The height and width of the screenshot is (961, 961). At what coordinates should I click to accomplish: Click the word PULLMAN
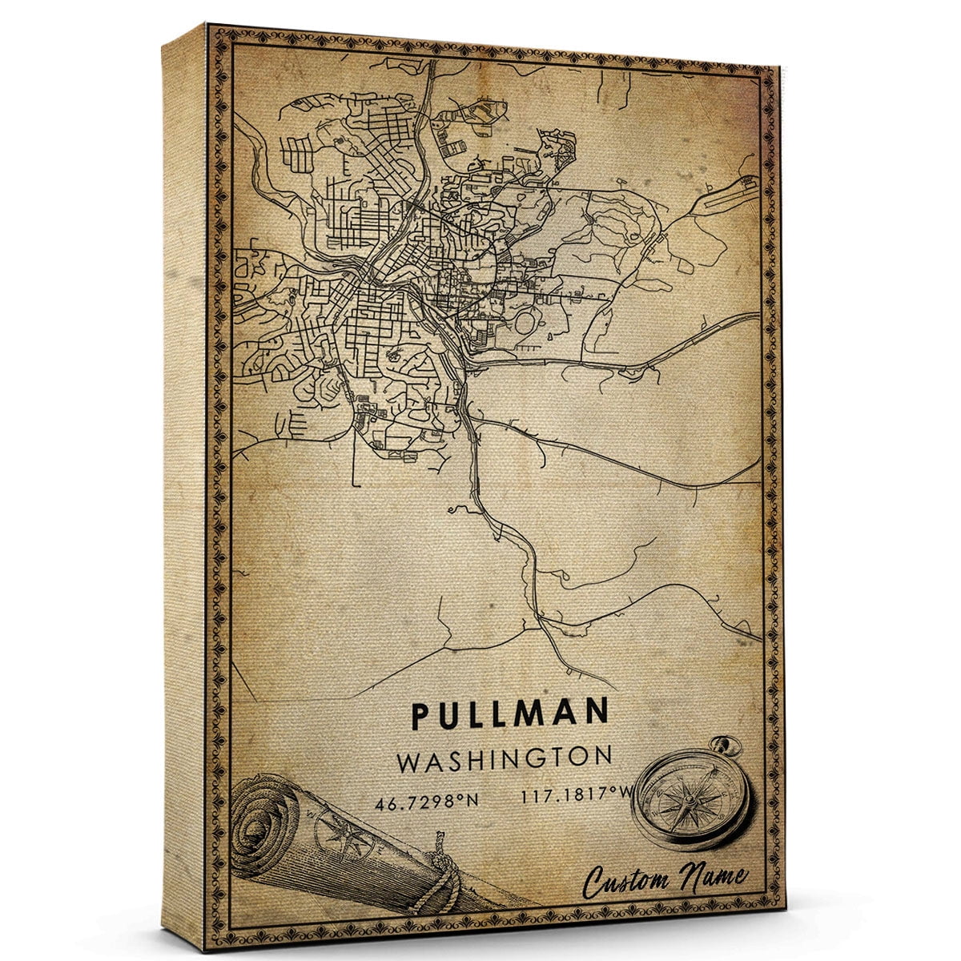click(x=510, y=714)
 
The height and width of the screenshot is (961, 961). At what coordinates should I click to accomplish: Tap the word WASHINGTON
click(x=505, y=758)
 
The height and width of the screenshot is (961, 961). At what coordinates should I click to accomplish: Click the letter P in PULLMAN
click(x=422, y=715)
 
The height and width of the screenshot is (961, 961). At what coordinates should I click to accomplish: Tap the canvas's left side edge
click(x=184, y=480)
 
